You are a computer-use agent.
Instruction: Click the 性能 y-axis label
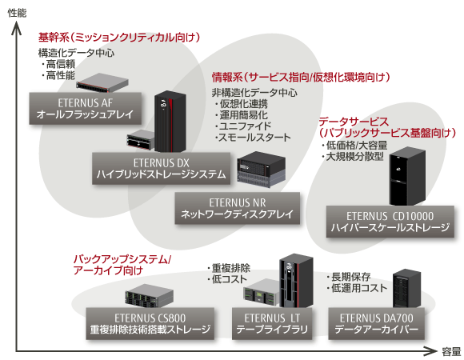pyautogui.click(x=17, y=13)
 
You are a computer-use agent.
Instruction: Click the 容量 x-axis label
pyautogui.click(x=451, y=352)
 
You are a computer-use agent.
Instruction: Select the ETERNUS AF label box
pyautogui.click(x=86, y=108)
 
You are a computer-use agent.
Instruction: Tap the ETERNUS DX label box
pyautogui.click(x=161, y=168)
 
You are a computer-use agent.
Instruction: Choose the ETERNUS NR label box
pyautogui.click(x=238, y=208)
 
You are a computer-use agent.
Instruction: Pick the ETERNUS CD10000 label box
pyautogui.click(x=390, y=222)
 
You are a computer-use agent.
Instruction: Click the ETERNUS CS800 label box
pyautogui.click(x=150, y=324)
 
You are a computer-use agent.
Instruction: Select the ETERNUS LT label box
pyautogui.click(x=272, y=324)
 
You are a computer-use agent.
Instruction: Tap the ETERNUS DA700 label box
pyautogui.click(x=377, y=324)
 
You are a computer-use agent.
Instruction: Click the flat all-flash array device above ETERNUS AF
pyautogui.click(x=102, y=83)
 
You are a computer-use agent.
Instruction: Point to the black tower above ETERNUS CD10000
pyautogui.click(x=407, y=176)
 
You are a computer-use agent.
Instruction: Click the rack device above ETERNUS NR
pyautogui.click(x=262, y=170)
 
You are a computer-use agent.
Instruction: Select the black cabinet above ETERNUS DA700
pyautogui.click(x=406, y=289)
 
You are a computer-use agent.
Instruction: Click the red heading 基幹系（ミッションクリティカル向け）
pyautogui.click(x=119, y=38)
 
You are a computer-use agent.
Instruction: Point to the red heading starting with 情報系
pyautogui.click(x=301, y=78)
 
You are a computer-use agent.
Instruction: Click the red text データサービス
pyautogui.click(x=354, y=122)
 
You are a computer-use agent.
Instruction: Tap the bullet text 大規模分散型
pyautogui.click(x=353, y=157)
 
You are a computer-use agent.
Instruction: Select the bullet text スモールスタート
pyautogui.click(x=253, y=138)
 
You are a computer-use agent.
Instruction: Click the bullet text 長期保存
pyautogui.click(x=349, y=277)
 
